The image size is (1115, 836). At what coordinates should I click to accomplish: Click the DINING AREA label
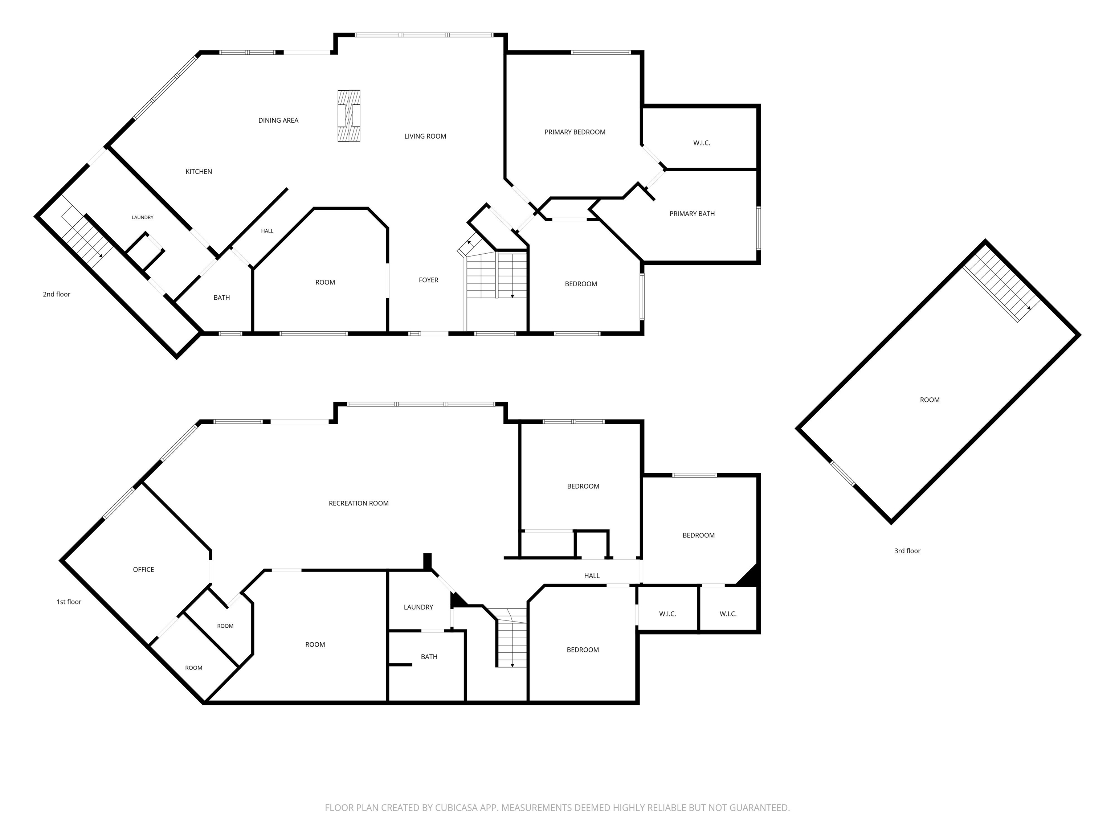pyautogui.click(x=278, y=120)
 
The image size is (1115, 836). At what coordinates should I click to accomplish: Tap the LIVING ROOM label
pyautogui.click(x=425, y=136)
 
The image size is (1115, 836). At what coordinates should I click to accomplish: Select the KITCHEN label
pyautogui.click(x=199, y=172)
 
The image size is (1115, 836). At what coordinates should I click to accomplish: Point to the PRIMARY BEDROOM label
pyautogui.click(x=575, y=132)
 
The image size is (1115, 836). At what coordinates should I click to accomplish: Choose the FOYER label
pyautogui.click(x=428, y=280)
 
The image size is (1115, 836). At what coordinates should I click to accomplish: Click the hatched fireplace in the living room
pyautogui.click(x=349, y=116)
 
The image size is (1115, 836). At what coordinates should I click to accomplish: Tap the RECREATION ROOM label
pyautogui.click(x=358, y=503)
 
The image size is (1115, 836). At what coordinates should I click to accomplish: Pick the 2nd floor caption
pyautogui.click(x=57, y=294)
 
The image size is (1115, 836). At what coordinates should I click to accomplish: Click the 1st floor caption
pyautogui.click(x=69, y=602)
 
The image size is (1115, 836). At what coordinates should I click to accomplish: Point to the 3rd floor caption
pyautogui.click(x=907, y=551)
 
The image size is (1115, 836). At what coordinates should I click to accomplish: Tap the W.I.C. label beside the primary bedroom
pyautogui.click(x=701, y=143)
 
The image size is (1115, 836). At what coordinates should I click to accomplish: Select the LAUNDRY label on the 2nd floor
pyautogui.click(x=142, y=218)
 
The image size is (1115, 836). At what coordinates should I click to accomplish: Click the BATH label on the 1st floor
pyautogui.click(x=429, y=657)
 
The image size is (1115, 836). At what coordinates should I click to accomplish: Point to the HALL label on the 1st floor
pyautogui.click(x=592, y=575)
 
